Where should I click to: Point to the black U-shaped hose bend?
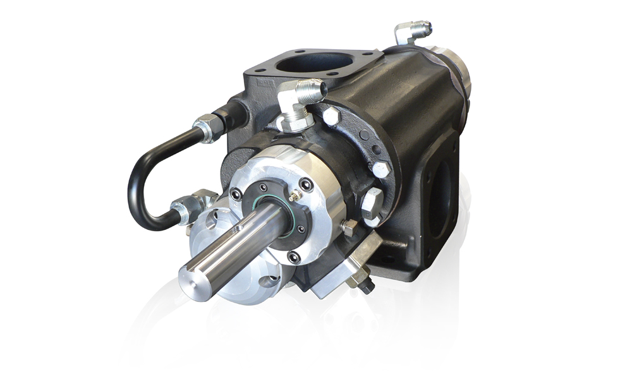point(140,183)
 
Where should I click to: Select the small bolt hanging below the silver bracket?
point(365,284)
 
